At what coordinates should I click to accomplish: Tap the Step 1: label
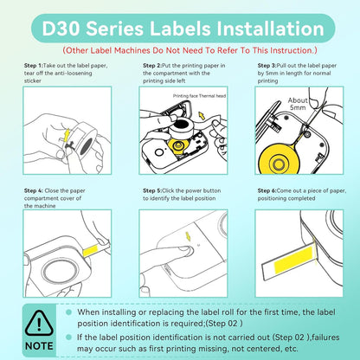[x=35, y=65]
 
